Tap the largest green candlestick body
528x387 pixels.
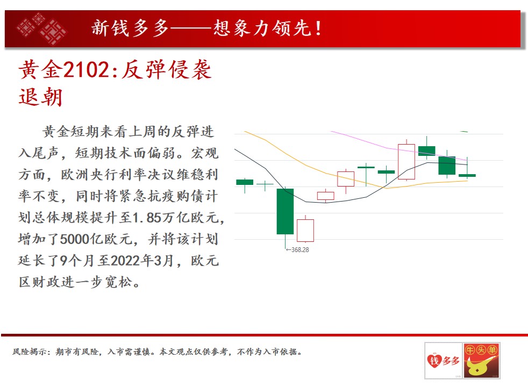(x=285, y=211)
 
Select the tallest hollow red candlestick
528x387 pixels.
(x=406, y=162)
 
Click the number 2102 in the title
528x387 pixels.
(x=85, y=70)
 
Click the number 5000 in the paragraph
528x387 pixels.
(x=74, y=239)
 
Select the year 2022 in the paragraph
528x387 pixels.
(x=125, y=261)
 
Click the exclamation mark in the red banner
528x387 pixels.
(x=318, y=28)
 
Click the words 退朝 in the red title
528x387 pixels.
(x=40, y=97)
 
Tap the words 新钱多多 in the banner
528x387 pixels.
(x=130, y=28)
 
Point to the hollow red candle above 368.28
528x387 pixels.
(x=305, y=231)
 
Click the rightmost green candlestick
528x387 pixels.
(x=467, y=175)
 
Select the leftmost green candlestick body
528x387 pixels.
(x=245, y=182)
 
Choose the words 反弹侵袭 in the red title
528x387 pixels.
(x=166, y=70)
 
